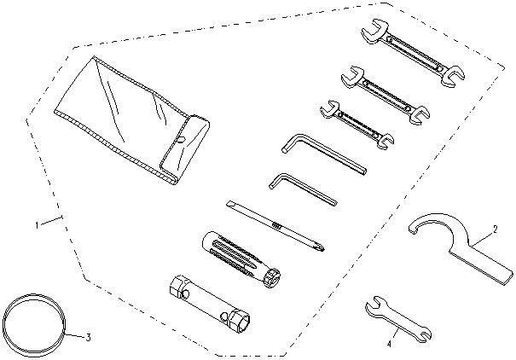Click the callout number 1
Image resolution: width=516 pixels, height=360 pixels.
point(38,225)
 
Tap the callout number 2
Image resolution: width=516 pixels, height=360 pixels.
point(495,229)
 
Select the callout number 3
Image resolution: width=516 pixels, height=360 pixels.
point(88,337)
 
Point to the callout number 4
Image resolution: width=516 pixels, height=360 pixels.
point(389,345)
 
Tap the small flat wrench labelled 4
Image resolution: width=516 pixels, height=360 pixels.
point(398,318)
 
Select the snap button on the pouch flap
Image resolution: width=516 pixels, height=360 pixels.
point(181,140)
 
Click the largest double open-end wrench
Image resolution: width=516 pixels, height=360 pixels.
point(413,53)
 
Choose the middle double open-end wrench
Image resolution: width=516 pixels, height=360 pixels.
point(386,95)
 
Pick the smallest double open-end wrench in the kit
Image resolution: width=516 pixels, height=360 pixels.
point(357,125)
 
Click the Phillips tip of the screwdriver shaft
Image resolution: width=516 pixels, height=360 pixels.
point(320,247)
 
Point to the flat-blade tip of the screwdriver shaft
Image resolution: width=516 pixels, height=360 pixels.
point(229,204)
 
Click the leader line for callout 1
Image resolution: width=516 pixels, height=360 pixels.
point(52,221)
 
